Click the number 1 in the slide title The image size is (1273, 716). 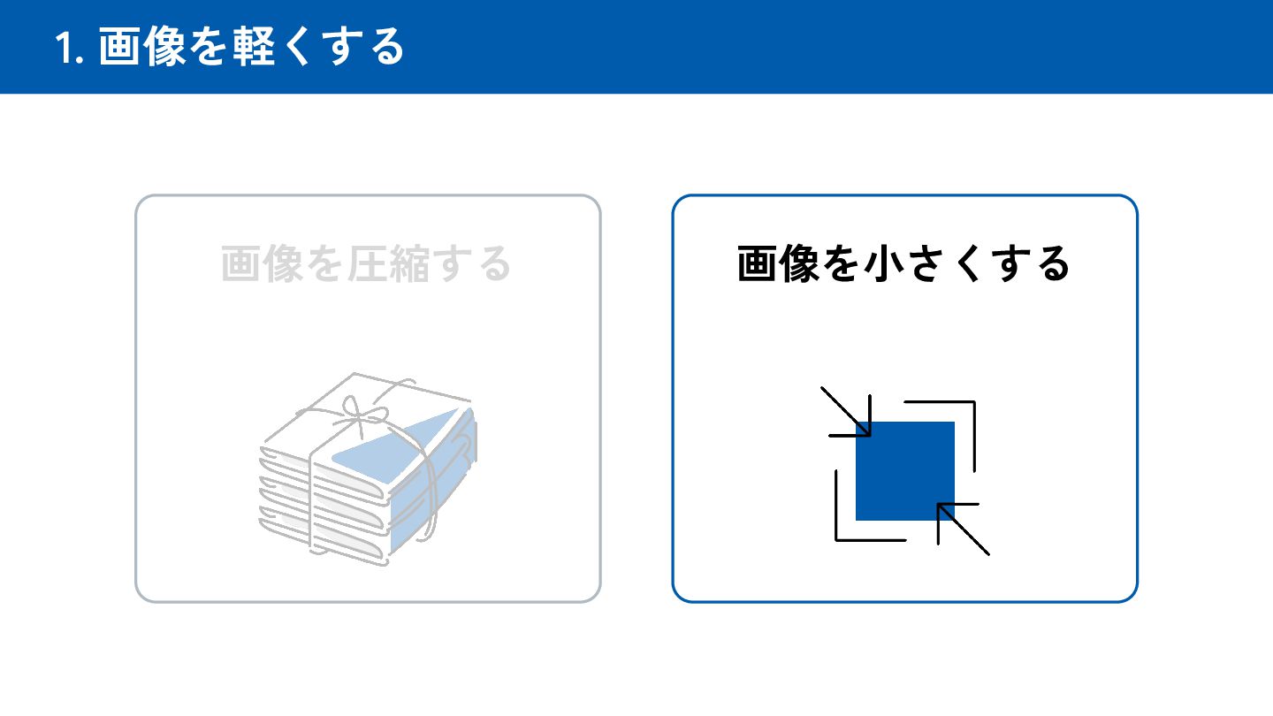[66, 48]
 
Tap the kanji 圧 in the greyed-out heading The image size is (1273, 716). [367, 263]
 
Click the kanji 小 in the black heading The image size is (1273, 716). [884, 263]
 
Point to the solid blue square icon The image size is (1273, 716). [905, 470]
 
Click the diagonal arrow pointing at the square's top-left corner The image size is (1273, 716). [848, 415]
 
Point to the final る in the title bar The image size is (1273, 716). [385, 47]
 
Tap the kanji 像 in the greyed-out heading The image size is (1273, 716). [283, 263]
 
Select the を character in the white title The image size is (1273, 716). [210, 47]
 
